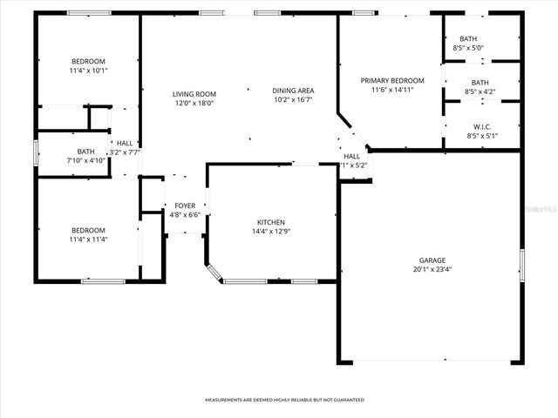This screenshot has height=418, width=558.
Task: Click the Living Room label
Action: (x=194, y=94)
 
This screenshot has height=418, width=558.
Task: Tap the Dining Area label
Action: (x=293, y=91)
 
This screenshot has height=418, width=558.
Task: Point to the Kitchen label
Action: (x=270, y=222)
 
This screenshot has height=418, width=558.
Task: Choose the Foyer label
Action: (x=185, y=206)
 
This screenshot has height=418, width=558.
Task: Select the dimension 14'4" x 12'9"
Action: (x=270, y=231)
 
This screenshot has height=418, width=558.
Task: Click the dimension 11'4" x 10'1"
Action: (x=88, y=71)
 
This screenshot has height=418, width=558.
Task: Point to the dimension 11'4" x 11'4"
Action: (x=88, y=239)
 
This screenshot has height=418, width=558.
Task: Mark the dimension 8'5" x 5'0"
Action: (x=468, y=48)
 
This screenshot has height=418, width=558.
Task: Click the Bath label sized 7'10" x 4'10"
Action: (x=85, y=152)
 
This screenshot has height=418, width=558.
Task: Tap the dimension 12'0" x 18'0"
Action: (x=194, y=103)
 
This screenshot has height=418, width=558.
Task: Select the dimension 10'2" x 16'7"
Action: (x=293, y=99)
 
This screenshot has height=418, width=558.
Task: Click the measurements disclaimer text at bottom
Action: (x=284, y=400)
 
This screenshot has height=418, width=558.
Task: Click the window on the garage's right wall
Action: (x=521, y=262)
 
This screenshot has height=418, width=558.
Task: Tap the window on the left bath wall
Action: (x=35, y=152)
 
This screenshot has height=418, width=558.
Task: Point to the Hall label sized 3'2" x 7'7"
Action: (x=126, y=144)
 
